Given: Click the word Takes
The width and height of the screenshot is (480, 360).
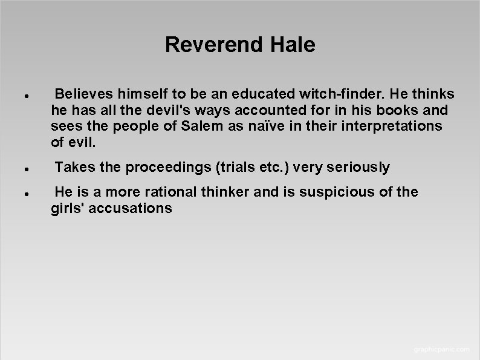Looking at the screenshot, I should (x=72, y=167).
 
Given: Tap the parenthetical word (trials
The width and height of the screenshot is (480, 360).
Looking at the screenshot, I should (x=229, y=167).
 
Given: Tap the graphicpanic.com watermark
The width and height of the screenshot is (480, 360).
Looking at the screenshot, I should (x=441, y=349).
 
